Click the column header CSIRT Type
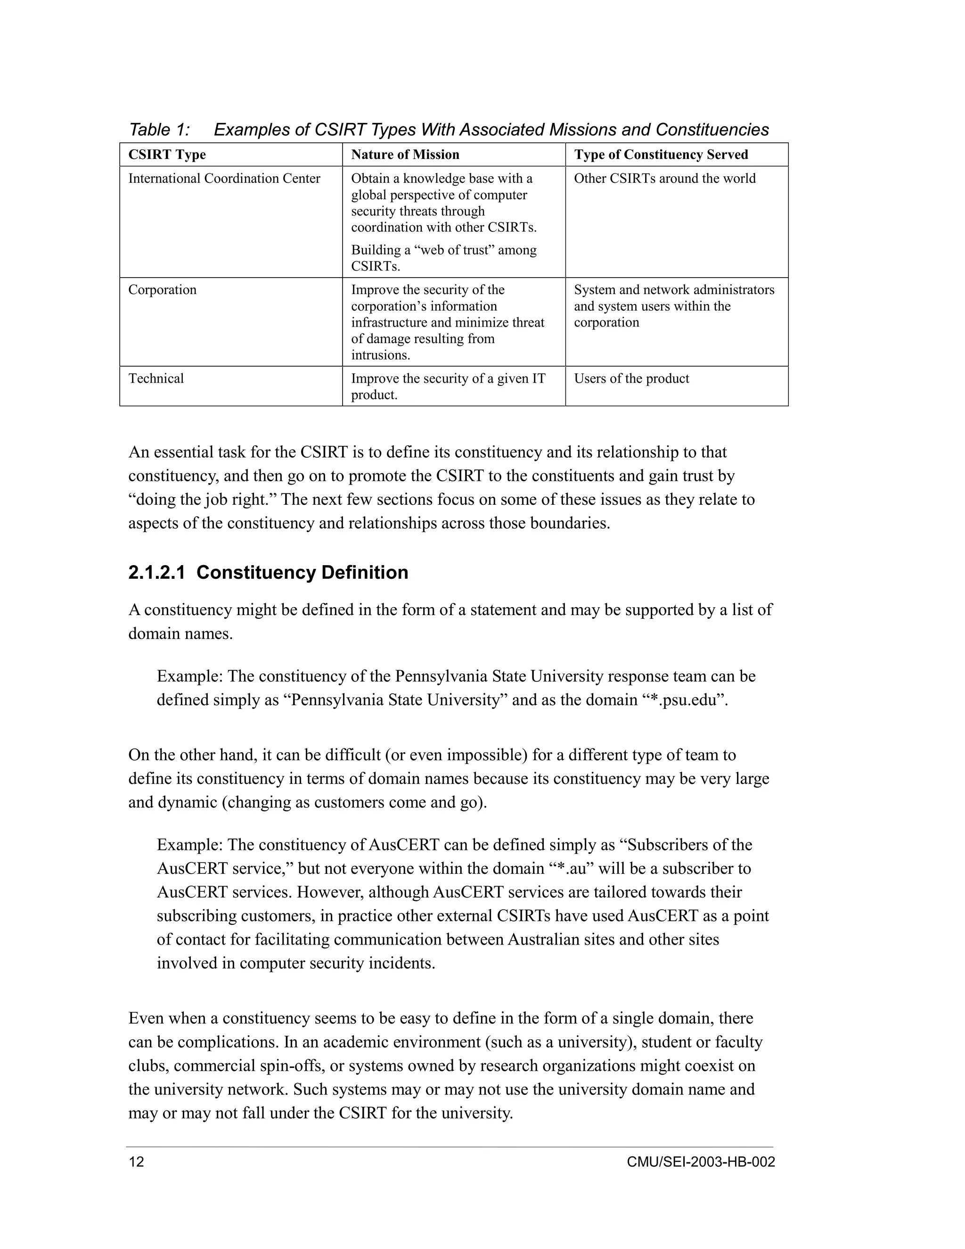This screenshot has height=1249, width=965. [167, 155]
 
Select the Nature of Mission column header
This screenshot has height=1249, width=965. [405, 155]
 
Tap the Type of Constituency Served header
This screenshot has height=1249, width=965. [661, 155]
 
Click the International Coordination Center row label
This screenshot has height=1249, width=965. [224, 179]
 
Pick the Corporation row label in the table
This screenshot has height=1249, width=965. [163, 290]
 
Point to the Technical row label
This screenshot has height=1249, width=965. [156, 378]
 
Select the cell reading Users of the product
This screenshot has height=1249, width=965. [631, 378]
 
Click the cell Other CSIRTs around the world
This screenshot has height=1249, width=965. [664, 179]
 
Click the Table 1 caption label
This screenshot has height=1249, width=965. [159, 130]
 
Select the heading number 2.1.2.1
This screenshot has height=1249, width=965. [156, 573]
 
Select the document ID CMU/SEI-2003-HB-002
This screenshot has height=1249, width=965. [700, 1162]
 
